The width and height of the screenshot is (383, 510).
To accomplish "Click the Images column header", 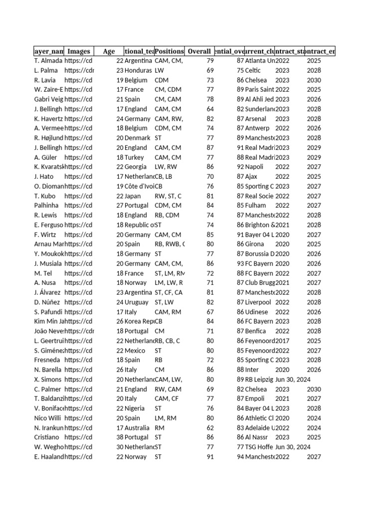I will pos(79,51).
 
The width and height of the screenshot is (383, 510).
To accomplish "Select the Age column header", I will pos(109,51).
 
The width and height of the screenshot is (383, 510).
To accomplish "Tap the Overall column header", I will pos(199,51).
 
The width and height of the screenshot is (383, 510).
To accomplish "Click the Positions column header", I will pos(169,51).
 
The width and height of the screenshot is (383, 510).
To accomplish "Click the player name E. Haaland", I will pos(49,457).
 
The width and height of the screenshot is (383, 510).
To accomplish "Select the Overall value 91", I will pos(209,457).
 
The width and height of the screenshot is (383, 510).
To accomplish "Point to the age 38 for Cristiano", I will pos(120,437).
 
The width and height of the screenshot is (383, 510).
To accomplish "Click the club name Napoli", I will pos(254,167).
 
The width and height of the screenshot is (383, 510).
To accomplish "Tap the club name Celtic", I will pos(253,70).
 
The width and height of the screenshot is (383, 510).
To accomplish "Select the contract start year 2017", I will pos(282,341).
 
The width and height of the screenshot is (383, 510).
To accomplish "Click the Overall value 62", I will pos(209,428).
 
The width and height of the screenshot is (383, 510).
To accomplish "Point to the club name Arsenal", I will pos(255,119).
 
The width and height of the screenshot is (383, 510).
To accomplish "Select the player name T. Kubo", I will pos(45,196).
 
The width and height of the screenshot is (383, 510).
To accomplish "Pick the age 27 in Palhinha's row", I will pos(120,205).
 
